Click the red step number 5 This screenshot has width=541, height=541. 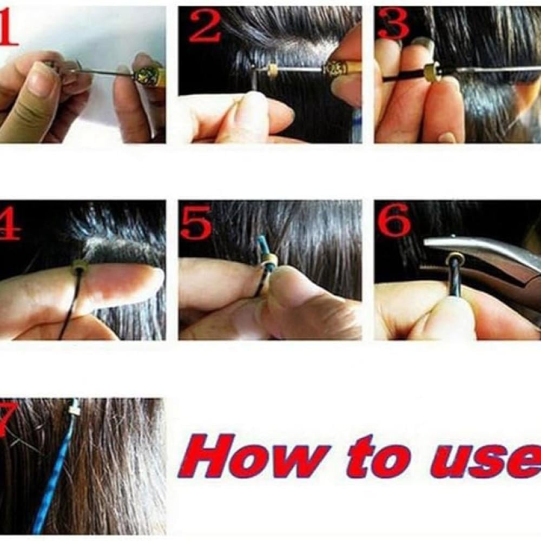tap(195, 222)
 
